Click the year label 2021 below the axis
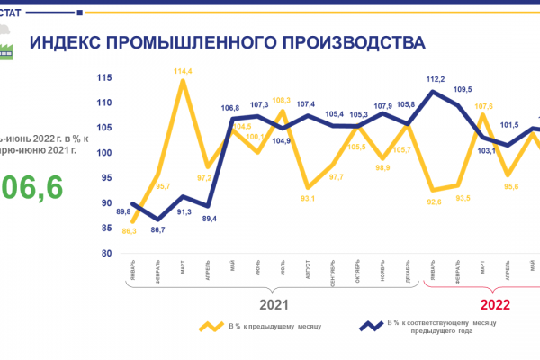[x=274, y=304]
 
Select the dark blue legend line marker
[x=370, y=327]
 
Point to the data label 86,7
[x=157, y=230]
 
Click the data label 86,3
[x=130, y=231]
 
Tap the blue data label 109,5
[x=463, y=90]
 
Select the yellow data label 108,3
[x=281, y=100]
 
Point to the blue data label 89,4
[x=209, y=218]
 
